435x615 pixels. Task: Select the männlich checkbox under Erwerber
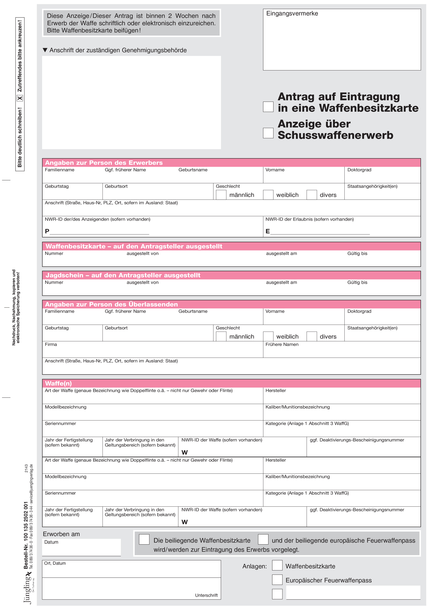[x=221, y=195]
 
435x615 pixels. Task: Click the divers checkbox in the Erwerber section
[x=312, y=195]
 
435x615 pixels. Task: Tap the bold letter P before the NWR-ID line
[x=47, y=231]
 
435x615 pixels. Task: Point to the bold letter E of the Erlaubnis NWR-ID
[x=267, y=231]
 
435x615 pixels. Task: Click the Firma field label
[x=51, y=344]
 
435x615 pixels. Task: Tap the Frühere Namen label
[x=282, y=344]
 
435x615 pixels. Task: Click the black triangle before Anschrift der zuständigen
[x=45, y=50]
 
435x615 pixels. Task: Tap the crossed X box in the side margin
[x=20, y=98]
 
